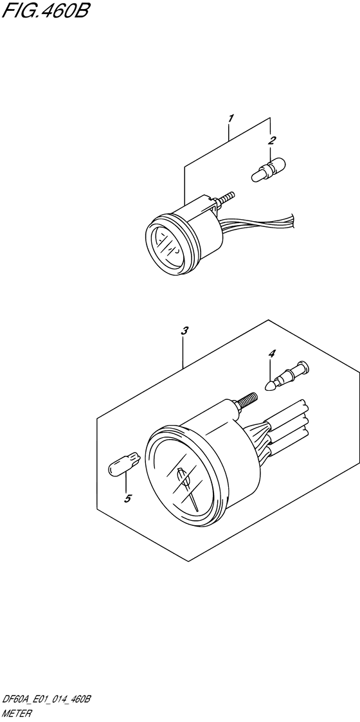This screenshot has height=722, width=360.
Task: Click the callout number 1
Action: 231,118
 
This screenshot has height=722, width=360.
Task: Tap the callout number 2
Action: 273,140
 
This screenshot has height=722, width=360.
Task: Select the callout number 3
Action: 184,330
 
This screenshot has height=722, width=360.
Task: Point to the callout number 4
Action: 272,354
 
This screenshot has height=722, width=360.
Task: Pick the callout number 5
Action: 128,498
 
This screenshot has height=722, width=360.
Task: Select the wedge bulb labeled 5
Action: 124,462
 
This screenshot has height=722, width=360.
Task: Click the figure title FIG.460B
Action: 44,11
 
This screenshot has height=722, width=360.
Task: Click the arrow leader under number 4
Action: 272,372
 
